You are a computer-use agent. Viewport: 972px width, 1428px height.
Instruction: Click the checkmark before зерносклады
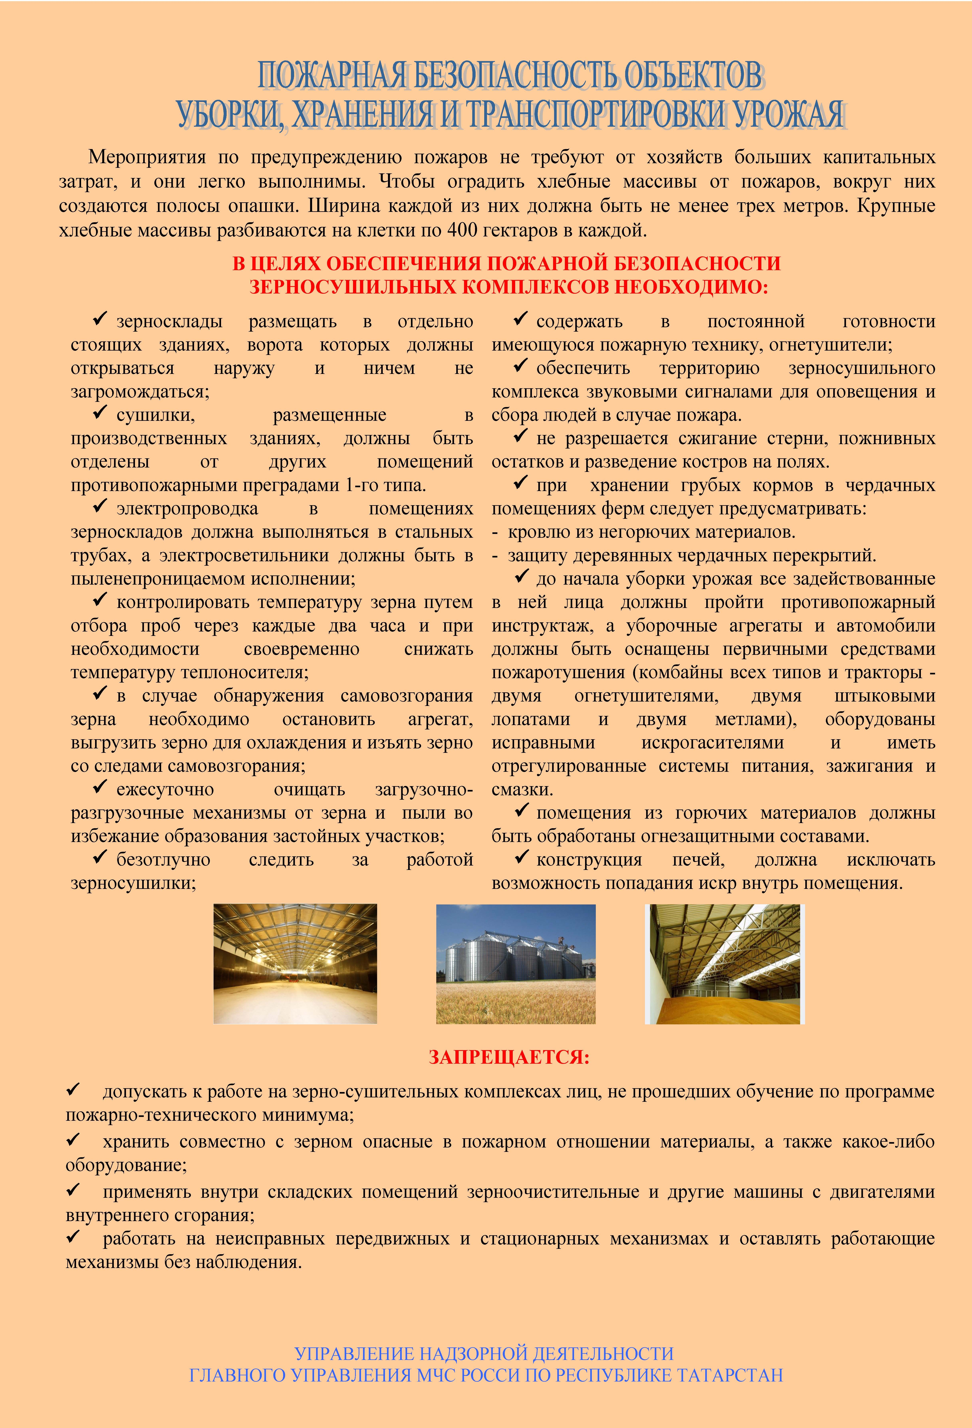100,319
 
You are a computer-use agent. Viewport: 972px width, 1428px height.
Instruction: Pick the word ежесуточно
165,790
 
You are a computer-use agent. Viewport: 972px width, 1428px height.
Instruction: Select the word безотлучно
163,860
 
